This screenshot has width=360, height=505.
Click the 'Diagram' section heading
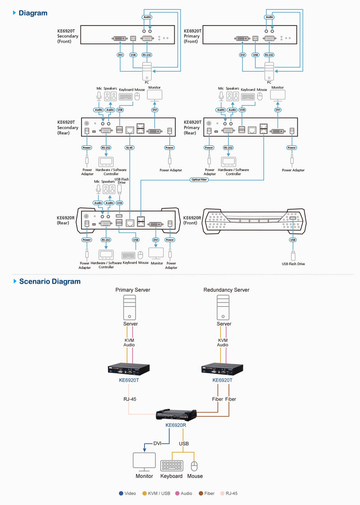point(32,13)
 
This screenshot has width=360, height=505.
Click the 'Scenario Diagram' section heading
point(49,282)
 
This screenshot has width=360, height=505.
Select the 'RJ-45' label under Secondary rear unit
point(130,147)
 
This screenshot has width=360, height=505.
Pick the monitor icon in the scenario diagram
point(144,462)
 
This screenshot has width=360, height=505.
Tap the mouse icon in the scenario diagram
point(194,465)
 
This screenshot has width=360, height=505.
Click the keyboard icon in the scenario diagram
point(172,465)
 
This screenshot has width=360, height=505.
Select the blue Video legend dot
point(121,493)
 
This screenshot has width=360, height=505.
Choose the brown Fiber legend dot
point(201,493)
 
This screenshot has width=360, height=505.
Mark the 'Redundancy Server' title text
point(226,290)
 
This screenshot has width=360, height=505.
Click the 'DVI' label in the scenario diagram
point(157,443)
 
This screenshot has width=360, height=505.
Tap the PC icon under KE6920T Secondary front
point(147,72)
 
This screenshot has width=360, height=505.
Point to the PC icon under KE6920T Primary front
point(269,72)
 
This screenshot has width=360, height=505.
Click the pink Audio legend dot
point(177,493)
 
